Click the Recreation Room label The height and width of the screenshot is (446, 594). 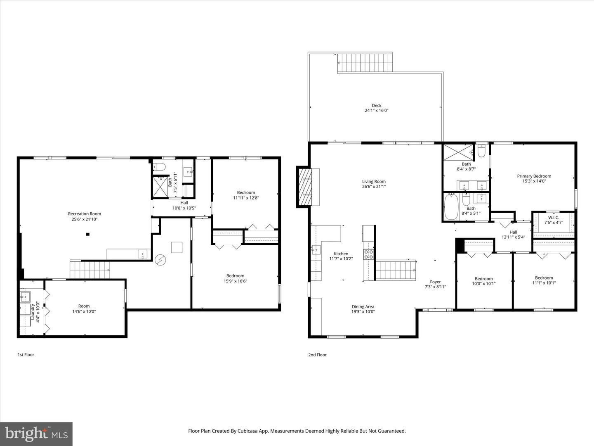click(85, 214)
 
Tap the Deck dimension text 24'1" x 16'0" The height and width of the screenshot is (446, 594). click(376, 111)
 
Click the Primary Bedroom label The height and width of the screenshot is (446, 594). click(534, 176)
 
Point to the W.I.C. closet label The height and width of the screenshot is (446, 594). click(554, 217)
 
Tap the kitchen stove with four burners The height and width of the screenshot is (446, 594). click(368, 254)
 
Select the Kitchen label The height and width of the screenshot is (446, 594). click(341, 254)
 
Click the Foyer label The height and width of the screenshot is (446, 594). click(435, 282)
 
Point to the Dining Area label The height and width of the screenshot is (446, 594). click(363, 306)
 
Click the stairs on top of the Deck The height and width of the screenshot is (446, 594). click(365, 63)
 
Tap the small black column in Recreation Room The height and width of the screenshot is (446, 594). click(87, 235)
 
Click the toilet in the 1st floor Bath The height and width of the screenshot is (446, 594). click(159, 167)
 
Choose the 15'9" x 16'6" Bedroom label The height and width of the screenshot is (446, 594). click(235, 276)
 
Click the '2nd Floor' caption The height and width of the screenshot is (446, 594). click(317, 355)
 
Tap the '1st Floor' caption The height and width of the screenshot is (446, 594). click(26, 355)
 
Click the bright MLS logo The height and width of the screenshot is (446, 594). click(36, 433)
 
